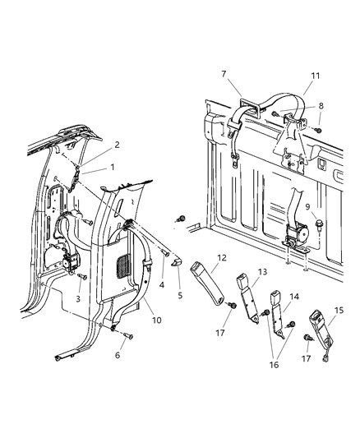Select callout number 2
tap(117, 145)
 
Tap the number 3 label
tap(78, 299)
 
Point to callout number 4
tap(161, 286)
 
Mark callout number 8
tap(321, 105)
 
